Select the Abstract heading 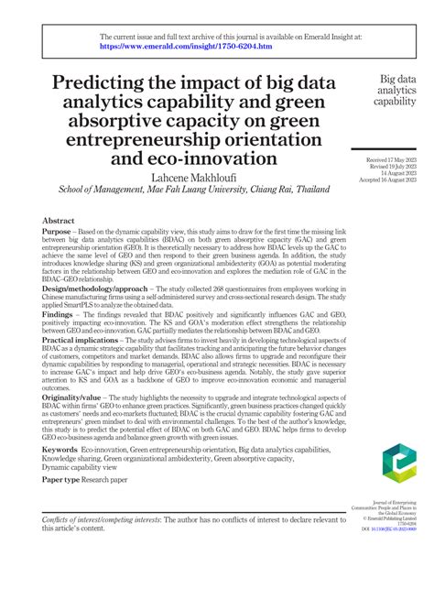[x=60, y=222]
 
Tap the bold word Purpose [x=60, y=233]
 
